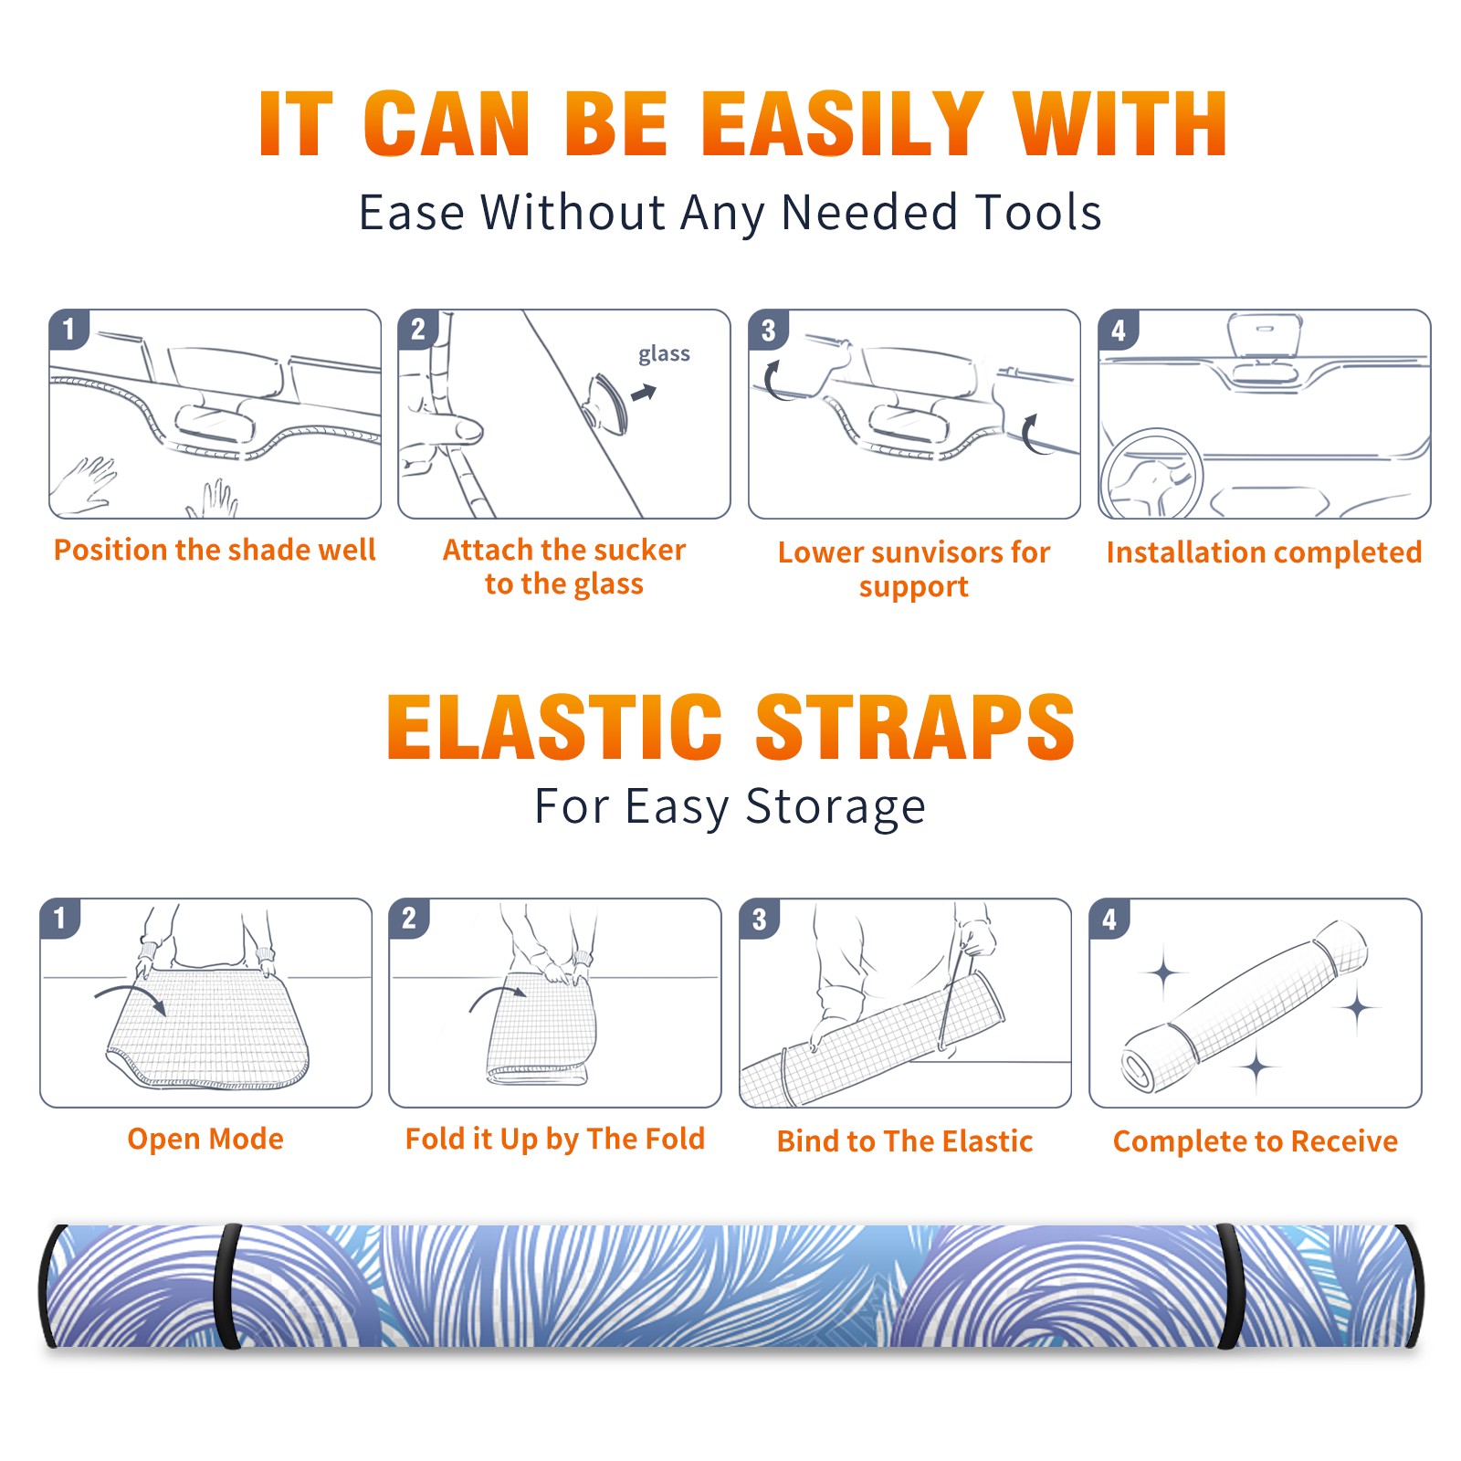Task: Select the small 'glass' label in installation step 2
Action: pos(664,354)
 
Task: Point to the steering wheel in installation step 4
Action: pos(1151,475)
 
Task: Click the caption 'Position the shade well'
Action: pos(215,550)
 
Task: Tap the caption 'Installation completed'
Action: pos(1264,552)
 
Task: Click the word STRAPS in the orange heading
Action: pos(915,727)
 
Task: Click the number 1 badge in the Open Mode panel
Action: pos(60,918)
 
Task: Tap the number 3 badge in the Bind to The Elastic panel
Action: pos(760,920)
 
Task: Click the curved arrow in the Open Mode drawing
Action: pos(131,998)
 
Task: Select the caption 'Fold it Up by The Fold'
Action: pos(555,1139)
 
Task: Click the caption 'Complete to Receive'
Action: pos(1256,1141)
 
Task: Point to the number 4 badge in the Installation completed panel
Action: pos(1119,330)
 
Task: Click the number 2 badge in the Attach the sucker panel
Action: pos(418,330)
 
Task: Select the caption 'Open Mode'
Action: pos(205,1139)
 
